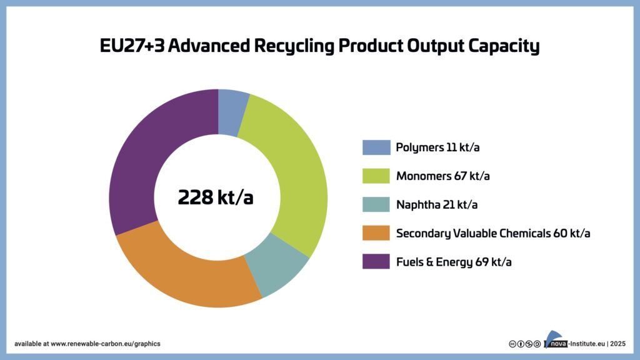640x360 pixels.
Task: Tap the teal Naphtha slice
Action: (x=278, y=265)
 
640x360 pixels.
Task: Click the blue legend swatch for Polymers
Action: (x=376, y=147)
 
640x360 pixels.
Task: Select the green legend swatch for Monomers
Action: (x=376, y=176)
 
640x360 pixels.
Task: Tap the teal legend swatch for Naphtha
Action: (x=376, y=204)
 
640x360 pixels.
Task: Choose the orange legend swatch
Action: (x=376, y=233)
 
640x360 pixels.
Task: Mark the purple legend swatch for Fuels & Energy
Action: (x=376, y=261)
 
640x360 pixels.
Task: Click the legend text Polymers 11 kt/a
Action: (x=441, y=147)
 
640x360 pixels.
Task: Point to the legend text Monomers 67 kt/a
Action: (x=442, y=176)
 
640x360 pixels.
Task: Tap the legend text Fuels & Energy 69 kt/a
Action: (x=454, y=261)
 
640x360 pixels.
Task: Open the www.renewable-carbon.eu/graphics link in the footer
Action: (x=105, y=344)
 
